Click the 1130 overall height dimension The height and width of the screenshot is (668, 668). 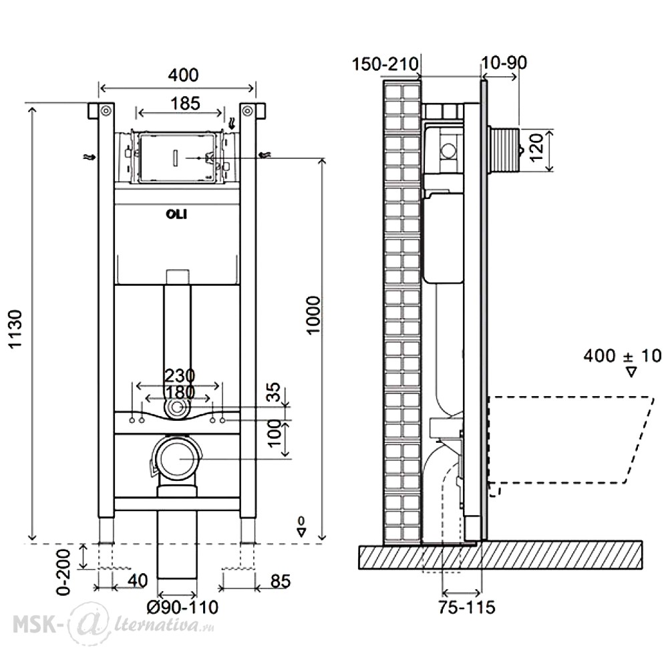tap(16, 329)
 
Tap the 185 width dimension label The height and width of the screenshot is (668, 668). tap(185, 104)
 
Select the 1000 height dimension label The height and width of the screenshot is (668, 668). tap(313, 315)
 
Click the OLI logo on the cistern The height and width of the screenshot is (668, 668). tap(176, 214)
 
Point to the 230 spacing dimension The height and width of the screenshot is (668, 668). tap(179, 375)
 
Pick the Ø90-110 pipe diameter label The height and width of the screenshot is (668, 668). tap(182, 607)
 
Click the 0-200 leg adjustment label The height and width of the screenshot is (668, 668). tap(63, 572)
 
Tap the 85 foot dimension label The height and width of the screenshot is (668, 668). tap(281, 581)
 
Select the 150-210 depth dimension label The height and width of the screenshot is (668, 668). tap(385, 64)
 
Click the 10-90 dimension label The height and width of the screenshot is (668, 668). tap(504, 63)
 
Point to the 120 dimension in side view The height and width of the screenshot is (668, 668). tap(537, 148)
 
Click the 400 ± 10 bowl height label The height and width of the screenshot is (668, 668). tap(623, 356)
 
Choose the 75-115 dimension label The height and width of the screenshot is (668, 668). tap(467, 607)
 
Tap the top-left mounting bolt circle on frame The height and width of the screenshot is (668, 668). tap(106, 111)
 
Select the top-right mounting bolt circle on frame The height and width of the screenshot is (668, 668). tap(248, 111)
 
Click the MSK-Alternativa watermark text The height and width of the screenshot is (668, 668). tap(114, 624)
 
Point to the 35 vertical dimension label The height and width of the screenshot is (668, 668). tap(275, 392)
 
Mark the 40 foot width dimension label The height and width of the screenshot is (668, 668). tap(138, 580)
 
